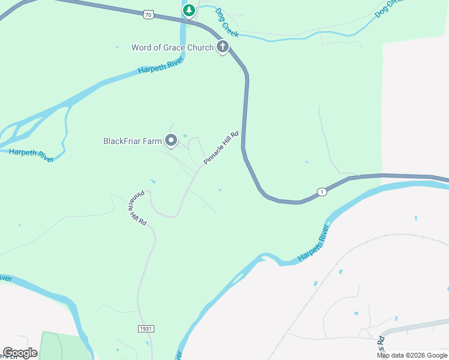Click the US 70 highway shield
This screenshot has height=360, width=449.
coord(148,15)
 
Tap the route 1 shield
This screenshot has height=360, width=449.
coord(322,192)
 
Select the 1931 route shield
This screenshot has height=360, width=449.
coord(146,329)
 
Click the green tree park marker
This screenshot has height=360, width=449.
coord(189,10)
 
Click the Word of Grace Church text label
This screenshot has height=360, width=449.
coord(172,47)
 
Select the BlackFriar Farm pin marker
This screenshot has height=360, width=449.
coord(171,140)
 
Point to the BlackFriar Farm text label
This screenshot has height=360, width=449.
coord(133,142)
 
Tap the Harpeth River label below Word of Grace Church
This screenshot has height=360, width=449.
coord(160,66)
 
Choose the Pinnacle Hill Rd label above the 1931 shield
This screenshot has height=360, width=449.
coord(137,209)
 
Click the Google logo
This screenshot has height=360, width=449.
coord(20,353)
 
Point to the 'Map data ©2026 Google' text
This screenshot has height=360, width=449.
coord(412,355)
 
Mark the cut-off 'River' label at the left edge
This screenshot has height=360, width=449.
coord(5,278)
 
